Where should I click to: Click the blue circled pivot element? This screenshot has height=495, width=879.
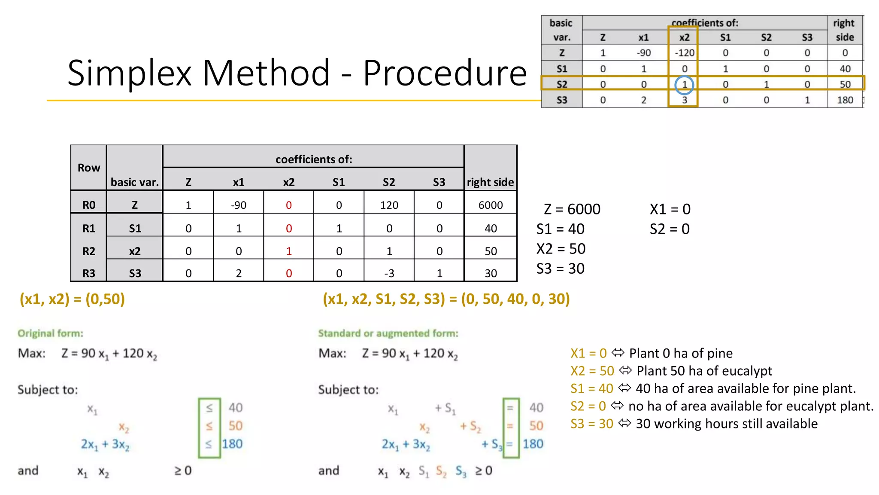click(x=684, y=85)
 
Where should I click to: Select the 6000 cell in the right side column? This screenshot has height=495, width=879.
click(x=491, y=205)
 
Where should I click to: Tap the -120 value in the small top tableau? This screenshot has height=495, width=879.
click(x=684, y=53)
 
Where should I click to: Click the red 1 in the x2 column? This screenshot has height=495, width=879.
click(x=289, y=251)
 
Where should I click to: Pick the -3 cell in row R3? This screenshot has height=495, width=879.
click(x=389, y=274)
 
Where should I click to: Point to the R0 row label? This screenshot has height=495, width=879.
click(x=89, y=205)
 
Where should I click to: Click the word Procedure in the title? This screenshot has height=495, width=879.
click(x=445, y=73)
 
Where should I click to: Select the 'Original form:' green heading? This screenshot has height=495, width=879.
click(x=51, y=333)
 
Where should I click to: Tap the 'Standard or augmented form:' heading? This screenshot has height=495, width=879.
click(x=388, y=333)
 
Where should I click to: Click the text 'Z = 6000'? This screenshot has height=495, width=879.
click(x=572, y=209)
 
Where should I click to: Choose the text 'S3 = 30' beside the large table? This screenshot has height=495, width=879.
click(x=560, y=269)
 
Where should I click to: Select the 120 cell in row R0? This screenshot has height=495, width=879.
click(x=389, y=205)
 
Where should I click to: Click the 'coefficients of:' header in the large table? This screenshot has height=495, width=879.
click(x=314, y=159)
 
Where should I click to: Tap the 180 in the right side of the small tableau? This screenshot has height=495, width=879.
click(x=845, y=100)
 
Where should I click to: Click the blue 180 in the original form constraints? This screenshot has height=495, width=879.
click(x=232, y=444)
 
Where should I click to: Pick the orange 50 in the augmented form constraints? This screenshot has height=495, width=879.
click(x=536, y=426)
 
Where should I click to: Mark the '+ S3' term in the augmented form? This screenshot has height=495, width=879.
click(x=492, y=444)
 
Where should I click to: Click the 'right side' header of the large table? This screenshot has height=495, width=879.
click(x=490, y=182)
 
